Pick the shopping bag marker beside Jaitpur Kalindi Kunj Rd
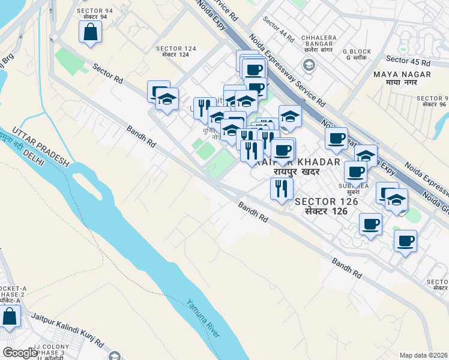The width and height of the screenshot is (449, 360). click(x=10, y=316)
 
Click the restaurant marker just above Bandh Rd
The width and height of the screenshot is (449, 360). click(x=281, y=188)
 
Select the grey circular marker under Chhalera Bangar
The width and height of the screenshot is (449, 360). click(x=309, y=65)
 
